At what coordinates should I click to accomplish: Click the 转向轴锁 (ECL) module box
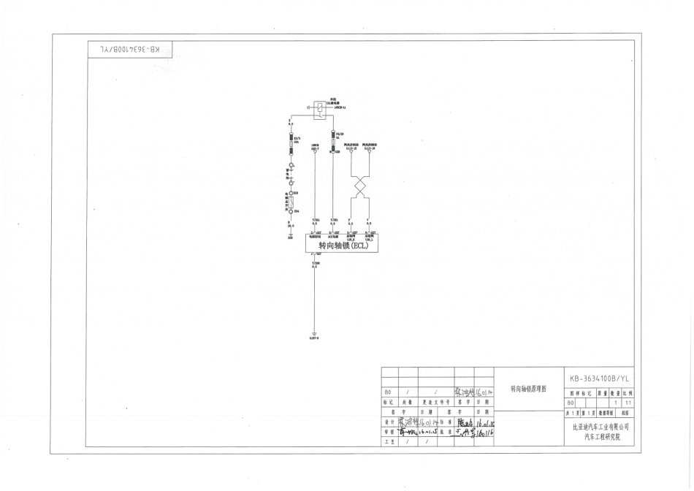(x=338, y=246)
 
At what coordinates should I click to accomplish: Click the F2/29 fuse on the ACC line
(x=333, y=136)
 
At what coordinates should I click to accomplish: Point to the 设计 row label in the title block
(x=389, y=422)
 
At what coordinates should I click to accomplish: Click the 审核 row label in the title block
(x=389, y=432)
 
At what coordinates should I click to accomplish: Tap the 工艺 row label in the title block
(x=389, y=442)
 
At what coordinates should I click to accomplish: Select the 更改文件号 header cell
(x=435, y=402)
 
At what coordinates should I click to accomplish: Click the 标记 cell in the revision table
(x=389, y=402)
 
